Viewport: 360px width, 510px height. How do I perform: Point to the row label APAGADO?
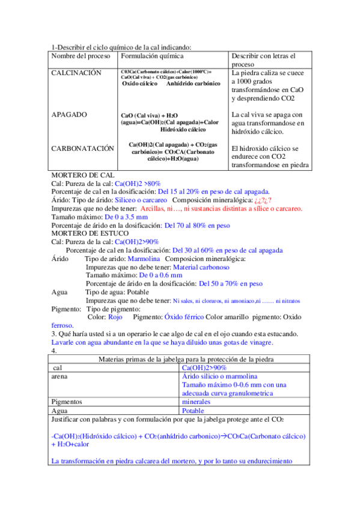click(69, 114)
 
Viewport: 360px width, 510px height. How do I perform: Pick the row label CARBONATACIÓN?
click(82, 148)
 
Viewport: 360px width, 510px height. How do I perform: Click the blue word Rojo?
click(115, 316)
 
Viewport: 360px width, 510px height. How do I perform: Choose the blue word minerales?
click(196, 401)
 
